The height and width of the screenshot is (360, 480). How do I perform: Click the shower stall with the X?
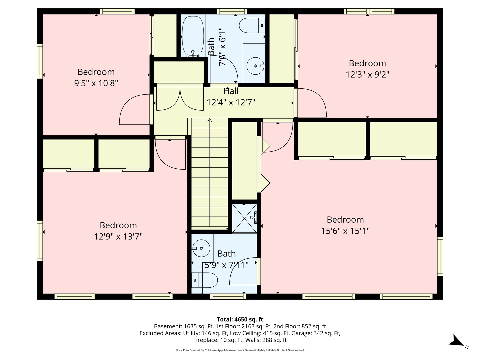(x=244, y=218)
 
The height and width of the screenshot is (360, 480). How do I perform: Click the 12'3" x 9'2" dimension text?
(x=367, y=74)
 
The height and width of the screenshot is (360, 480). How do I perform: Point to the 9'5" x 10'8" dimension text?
(x=96, y=83)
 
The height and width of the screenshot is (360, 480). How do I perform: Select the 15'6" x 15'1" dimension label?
(x=345, y=231)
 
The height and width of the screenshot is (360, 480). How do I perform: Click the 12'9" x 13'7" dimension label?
(x=118, y=237)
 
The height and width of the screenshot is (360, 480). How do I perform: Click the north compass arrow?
(x=456, y=341)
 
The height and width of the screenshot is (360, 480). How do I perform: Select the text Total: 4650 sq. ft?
(x=240, y=319)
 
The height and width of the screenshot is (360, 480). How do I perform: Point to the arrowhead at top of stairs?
(x=209, y=120)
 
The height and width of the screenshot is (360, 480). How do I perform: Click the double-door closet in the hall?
(x=180, y=98)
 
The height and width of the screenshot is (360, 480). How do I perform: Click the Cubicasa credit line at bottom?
(x=240, y=350)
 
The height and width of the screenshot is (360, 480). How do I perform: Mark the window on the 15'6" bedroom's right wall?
(x=440, y=256)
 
